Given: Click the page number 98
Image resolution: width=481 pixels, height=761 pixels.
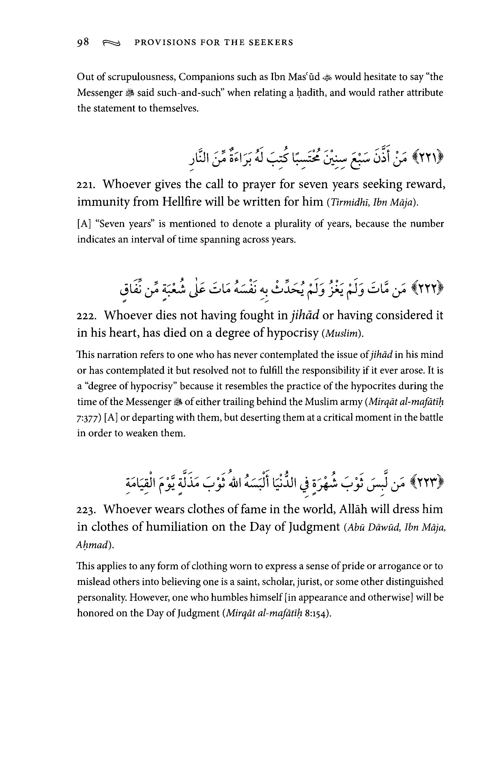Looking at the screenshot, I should pos(83,42).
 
